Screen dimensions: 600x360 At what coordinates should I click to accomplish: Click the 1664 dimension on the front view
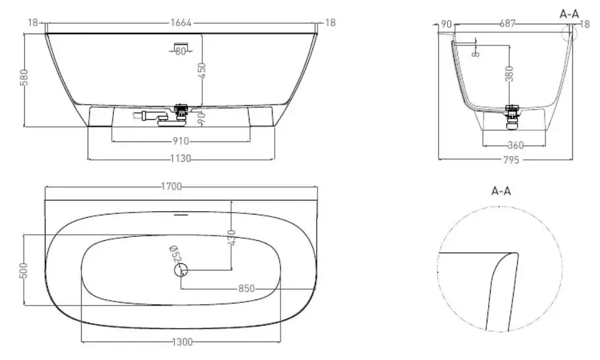click(x=180, y=23)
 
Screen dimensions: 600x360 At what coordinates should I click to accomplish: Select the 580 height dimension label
click(x=24, y=77)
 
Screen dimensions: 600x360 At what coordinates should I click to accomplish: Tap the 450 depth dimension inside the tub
click(x=202, y=70)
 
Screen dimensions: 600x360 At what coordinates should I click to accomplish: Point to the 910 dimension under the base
click(x=180, y=141)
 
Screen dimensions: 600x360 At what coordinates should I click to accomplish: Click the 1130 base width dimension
click(x=180, y=158)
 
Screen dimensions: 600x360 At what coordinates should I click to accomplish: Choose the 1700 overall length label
click(x=171, y=187)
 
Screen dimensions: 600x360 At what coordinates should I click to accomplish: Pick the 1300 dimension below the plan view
click(x=182, y=342)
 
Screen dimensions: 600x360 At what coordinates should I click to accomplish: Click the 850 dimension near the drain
click(x=246, y=288)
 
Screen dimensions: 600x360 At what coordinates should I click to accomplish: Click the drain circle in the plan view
click(x=181, y=270)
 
